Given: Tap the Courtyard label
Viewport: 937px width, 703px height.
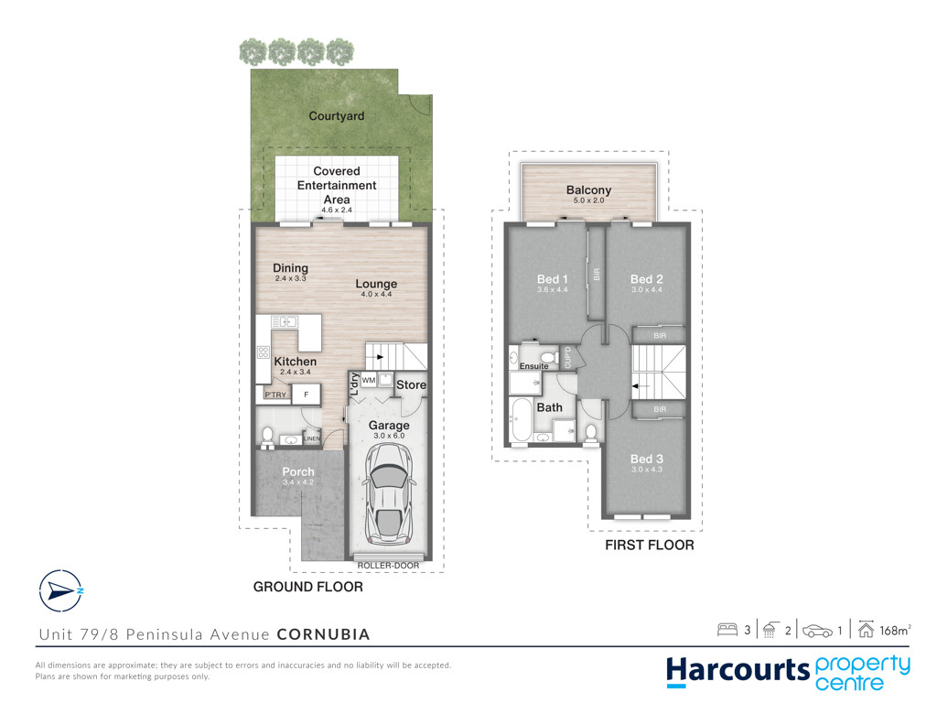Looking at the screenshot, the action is pos(337,116).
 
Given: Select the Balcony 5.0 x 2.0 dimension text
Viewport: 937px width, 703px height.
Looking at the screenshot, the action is pos(588,200).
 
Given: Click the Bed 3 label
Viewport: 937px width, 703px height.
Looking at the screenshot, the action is pos(647,459).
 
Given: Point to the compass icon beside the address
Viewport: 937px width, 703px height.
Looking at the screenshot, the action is pos(60,590).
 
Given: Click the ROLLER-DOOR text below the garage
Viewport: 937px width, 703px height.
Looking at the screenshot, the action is pos(388,565).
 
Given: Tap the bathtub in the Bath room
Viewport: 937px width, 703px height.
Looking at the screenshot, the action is pos(522,419).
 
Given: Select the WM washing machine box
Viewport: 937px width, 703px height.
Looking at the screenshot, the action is pos(369,380).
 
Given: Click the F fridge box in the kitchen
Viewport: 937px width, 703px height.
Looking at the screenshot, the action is pos(307,394).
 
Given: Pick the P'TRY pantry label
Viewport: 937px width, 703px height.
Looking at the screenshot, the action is pos(275,395).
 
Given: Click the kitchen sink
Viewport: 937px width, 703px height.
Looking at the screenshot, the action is pos(285,322).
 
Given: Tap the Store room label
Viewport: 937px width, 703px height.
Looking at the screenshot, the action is pos(411,385).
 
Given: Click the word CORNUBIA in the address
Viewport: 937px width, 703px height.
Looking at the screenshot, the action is pos(323,634).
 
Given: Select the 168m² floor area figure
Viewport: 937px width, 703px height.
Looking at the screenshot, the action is pos(895,630).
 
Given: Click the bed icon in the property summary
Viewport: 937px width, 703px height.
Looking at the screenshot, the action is pos(727,630).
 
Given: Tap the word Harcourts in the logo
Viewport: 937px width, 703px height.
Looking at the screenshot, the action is pos(738,671).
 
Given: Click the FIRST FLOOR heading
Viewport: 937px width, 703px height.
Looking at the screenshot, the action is pos(650,545).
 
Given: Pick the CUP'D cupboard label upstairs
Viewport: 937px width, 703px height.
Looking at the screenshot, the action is pos(567,357).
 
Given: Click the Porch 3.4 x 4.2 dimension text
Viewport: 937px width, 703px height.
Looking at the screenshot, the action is pos(298,481).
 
